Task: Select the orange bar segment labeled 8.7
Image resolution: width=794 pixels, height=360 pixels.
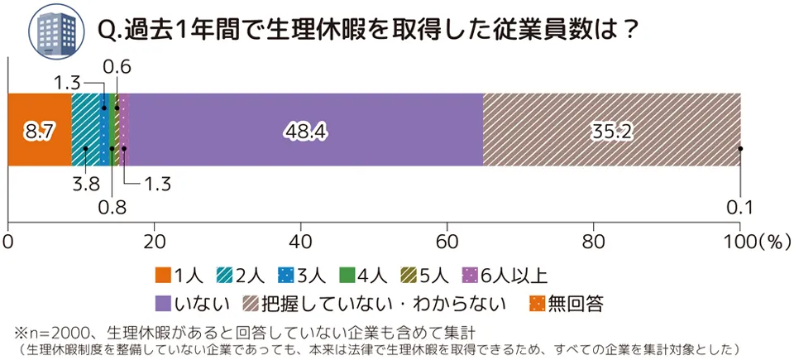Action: (39, 130)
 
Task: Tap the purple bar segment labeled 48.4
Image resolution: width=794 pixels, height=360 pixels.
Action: (305, 130)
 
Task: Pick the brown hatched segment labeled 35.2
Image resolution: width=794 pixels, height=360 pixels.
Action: (611, 130)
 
